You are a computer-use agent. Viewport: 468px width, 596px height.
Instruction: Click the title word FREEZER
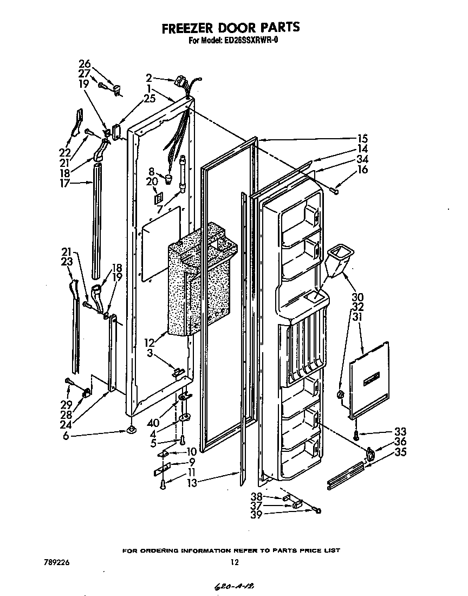(186, 28)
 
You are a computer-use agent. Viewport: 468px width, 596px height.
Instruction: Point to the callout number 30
(357, 297)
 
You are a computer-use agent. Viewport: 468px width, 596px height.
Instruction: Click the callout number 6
(66, 435)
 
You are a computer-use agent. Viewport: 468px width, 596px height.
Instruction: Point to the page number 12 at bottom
(234, 562)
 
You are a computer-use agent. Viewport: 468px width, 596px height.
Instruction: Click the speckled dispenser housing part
(200, 282)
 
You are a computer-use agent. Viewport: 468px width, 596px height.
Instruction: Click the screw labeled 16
(335, 189)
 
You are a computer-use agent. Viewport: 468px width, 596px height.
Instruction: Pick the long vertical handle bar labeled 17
(97, 222)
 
